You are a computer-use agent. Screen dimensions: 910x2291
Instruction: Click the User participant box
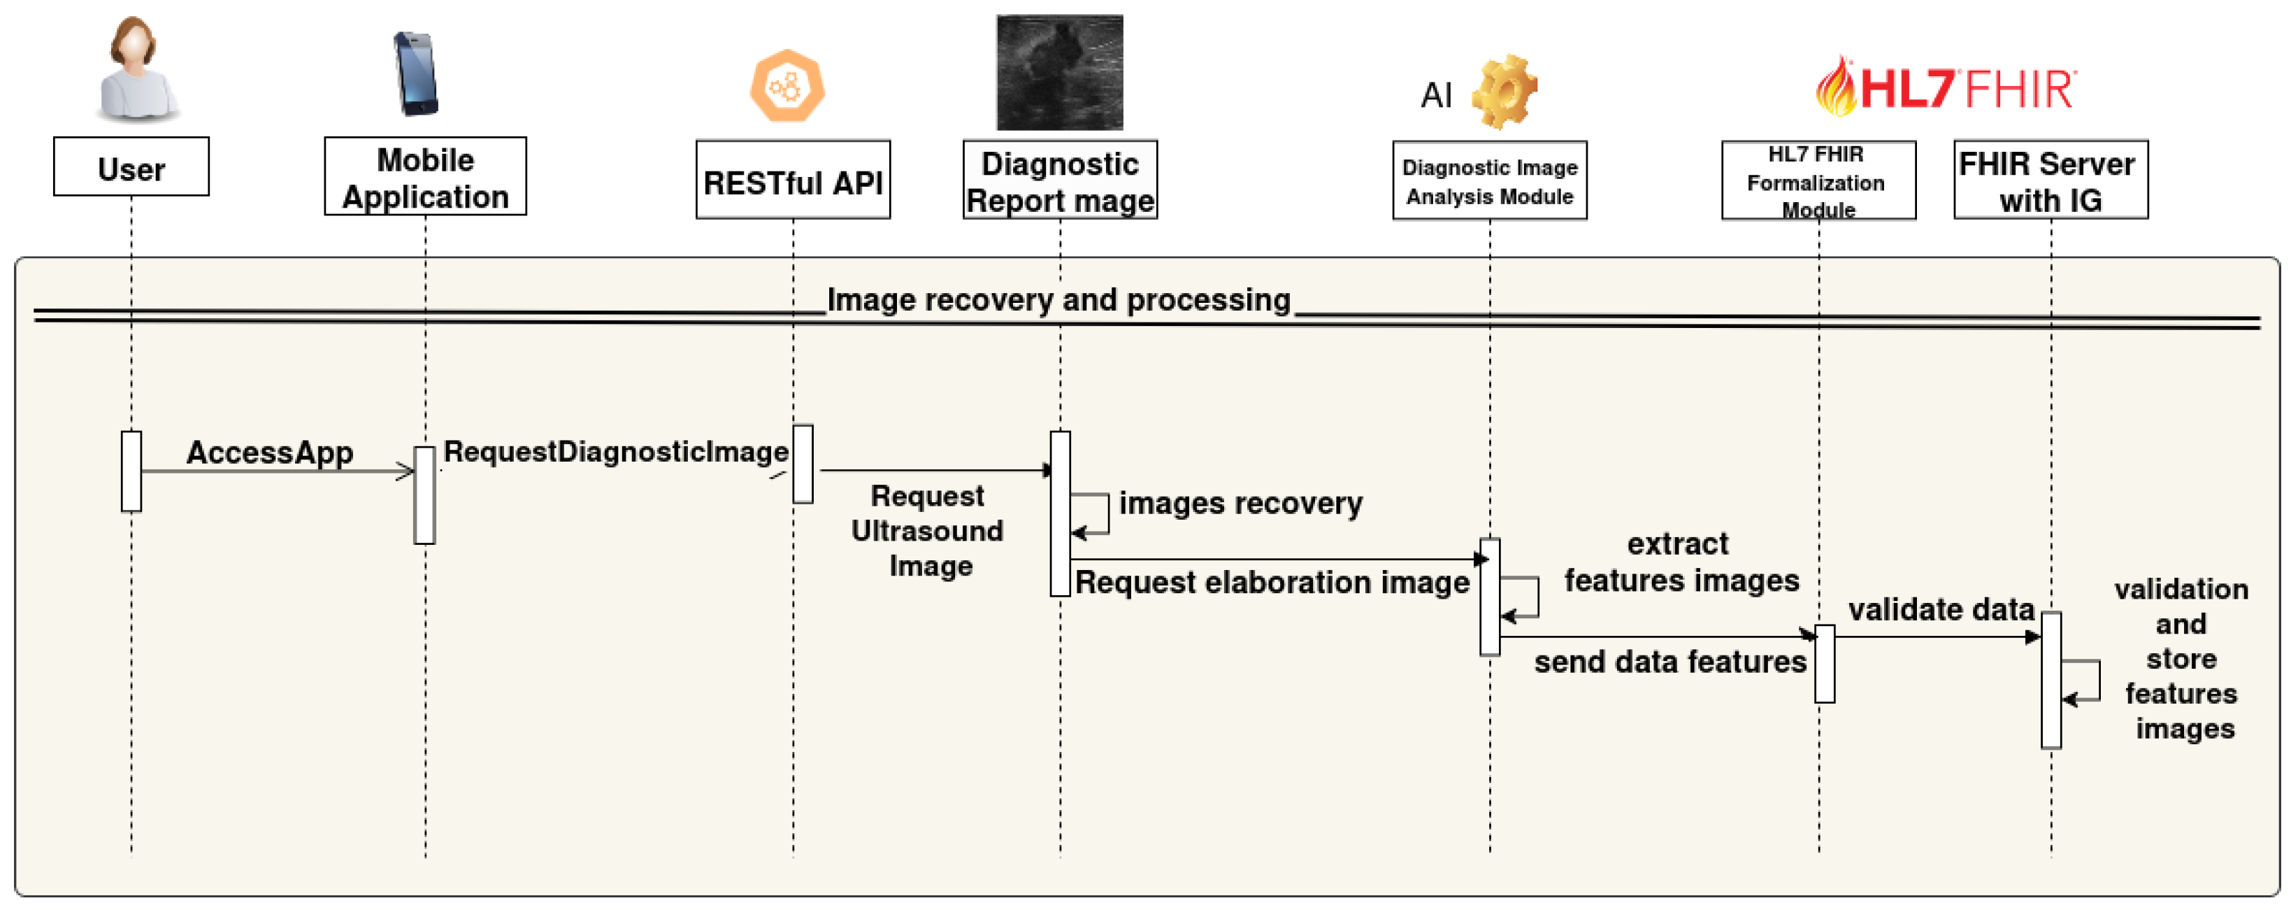131,166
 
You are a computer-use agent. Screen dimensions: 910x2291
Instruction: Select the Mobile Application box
425,177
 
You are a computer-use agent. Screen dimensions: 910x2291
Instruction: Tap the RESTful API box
792,180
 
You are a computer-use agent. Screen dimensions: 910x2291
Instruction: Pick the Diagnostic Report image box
1059,180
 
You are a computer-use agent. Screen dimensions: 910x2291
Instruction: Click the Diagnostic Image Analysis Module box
1489,180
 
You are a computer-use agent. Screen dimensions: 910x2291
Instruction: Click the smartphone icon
415,74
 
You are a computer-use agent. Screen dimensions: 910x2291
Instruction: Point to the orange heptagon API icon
787,86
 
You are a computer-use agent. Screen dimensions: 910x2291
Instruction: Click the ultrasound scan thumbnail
1059,72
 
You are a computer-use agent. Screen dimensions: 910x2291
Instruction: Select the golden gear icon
1504,91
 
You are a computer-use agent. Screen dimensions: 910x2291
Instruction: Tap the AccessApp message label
269,452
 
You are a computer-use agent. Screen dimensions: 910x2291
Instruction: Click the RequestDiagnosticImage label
615,451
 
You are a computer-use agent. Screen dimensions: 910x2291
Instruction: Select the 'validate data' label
1941,610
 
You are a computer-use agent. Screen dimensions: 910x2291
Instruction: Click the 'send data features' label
1669,662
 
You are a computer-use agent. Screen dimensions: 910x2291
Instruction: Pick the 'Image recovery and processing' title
1058,300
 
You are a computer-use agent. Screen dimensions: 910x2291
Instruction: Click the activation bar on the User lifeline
131,471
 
